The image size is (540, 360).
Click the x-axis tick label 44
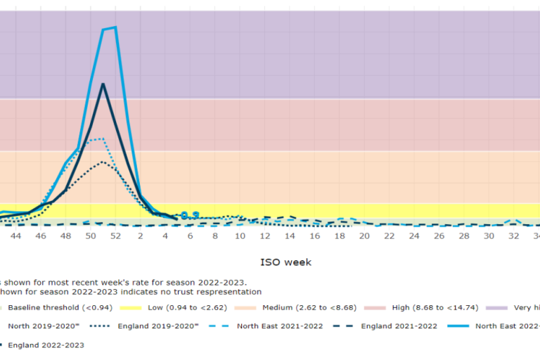click(16, 236)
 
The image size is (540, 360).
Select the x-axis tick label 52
click(115, 236)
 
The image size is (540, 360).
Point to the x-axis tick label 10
click(240, 236)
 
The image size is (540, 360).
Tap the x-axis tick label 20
click(364, 236)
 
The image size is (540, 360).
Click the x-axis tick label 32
click(514, 236)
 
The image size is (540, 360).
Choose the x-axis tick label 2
click(140, 236)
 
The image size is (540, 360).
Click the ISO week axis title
click(285, 262)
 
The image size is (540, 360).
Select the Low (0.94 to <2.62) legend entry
click(187, 308)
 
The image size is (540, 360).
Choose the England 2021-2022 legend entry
click(399, 326)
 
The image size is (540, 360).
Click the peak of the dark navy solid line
click(103, 84)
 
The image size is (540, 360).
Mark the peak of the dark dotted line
click(103, 162)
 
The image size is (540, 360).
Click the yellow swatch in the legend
click(134, 308)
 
